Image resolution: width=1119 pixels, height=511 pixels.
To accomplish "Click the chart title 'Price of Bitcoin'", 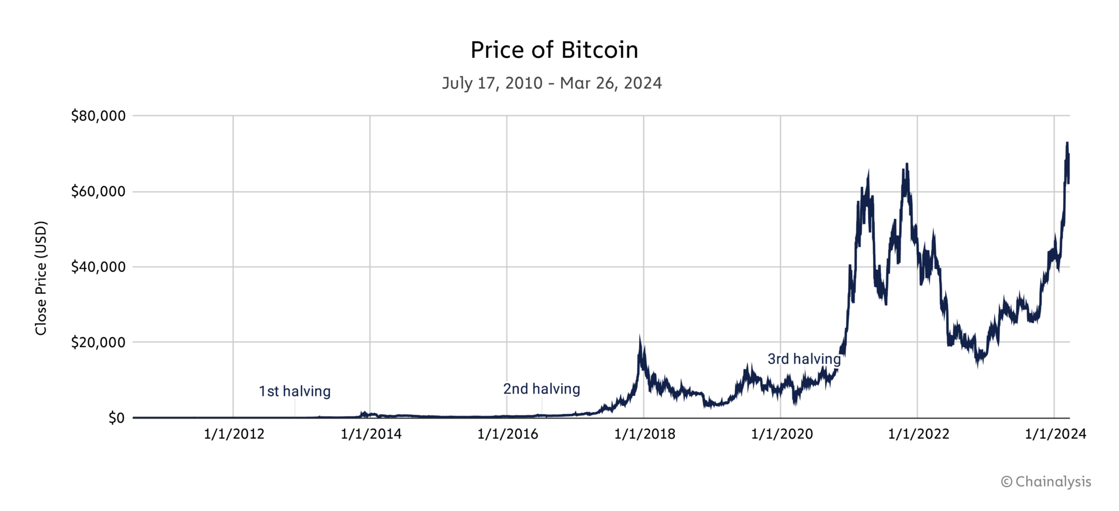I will click(x=554, y=50).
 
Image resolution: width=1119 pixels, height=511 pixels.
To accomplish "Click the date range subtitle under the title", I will click(x=552, y=83).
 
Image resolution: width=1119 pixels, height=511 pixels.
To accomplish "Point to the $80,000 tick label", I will click(x=98, y=116).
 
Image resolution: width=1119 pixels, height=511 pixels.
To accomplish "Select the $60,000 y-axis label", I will click(x=98, y=192).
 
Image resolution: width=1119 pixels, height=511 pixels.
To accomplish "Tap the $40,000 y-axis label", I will click(x=98, y=267).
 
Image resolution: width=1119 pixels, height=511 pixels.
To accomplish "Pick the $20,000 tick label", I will click(x=98, y=342).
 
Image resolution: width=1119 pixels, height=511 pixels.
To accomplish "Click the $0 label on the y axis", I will click(x=116, y=418).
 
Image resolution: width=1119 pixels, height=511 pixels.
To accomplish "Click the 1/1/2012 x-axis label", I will click(x=234, y=434).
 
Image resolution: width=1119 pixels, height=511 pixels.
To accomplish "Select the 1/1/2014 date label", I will click(x=371, y=434).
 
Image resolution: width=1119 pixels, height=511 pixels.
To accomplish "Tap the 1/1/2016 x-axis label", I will click(x=508, y=434).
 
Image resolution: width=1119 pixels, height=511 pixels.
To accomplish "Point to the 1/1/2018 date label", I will click(x=645, y=434).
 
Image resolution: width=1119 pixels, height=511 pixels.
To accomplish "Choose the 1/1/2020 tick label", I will click(x=782, y=434).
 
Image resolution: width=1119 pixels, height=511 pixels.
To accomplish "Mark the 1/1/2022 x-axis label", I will click(x=918, y=434).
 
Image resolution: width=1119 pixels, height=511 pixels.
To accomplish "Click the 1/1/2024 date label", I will click(x=1055, y=434).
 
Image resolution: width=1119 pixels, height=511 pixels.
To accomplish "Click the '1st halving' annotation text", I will click(x=295, y=391).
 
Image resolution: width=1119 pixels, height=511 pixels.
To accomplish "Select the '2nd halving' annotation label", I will click(x=541, y=389).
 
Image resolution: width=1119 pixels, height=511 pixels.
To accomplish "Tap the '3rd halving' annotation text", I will click(x=804, y=359).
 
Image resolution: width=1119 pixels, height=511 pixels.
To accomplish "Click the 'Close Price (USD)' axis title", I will click(x=41, y=278).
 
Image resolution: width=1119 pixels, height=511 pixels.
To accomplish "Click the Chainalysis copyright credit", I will click(x=1046, y=482).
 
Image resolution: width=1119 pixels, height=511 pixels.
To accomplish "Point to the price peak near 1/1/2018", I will click(x=640, y=338).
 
